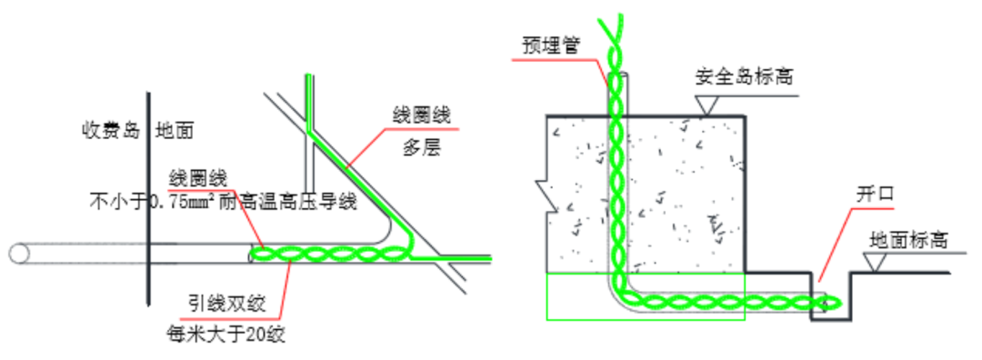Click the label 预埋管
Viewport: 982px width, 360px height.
[x=552, y=44]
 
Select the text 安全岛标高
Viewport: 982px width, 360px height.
[x=744, y=75]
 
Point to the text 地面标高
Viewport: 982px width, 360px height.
[x=909, y=240]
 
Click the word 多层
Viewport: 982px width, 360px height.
[x=421, y=146]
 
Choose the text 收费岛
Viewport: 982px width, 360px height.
[x=108, y=130]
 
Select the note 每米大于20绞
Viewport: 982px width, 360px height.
[x=226, y=334]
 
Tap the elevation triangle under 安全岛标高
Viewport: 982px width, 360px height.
[x=706, y=105]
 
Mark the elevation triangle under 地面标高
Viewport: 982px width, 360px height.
[x=876, y=263]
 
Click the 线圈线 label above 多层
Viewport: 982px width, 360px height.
[x=421, y=115]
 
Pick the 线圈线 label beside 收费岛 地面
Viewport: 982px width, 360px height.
[x=197, y=176]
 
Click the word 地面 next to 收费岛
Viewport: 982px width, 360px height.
[x=175, y=130]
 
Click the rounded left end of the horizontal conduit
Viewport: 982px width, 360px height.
[x=15, y=254]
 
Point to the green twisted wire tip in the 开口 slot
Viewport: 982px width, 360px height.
[x=831, y=301]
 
